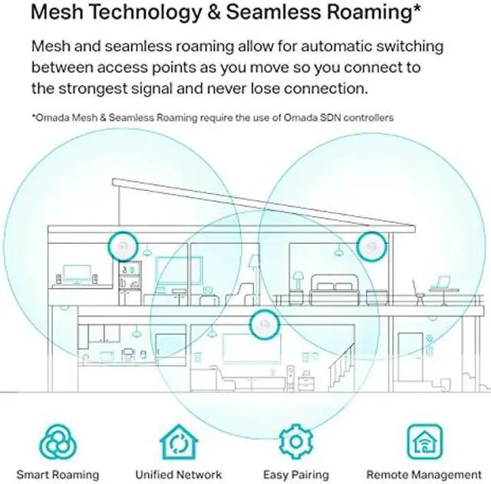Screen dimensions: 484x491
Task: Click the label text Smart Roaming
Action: pyautogui.click(x=58, y=475)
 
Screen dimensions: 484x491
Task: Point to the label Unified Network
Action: pyautogui.click(x=178, y=475)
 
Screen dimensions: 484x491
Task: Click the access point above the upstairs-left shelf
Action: pyautogui.click(x=123, y=245)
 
